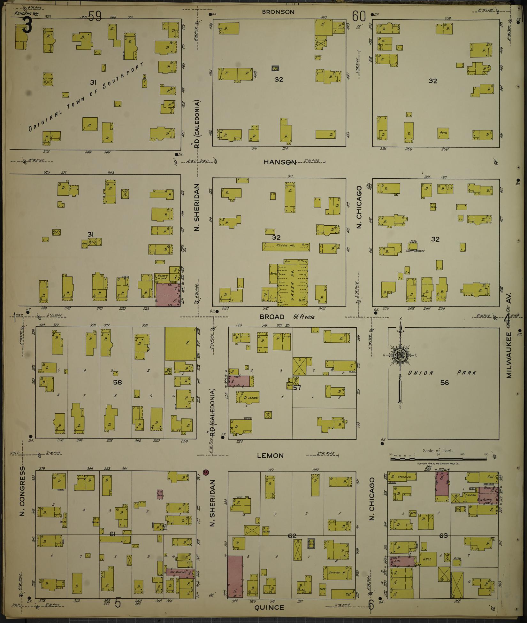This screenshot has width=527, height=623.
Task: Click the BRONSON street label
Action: (x=278, y=12)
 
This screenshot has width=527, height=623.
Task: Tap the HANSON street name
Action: (x=279, y=162)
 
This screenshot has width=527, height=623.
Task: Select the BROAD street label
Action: (x=272, y=317)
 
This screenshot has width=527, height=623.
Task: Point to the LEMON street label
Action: (x=271, y=456)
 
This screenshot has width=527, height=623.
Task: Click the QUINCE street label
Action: (x=269, y=607)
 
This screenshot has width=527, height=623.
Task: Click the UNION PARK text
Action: (x=442, y=373)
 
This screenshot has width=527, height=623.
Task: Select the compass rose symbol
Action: (x=400, y=355)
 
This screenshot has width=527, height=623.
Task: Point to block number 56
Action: (x=445, y=383)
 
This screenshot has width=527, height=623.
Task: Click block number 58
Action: (x=118, y=382)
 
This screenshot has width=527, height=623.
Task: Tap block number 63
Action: (x=443, y=535)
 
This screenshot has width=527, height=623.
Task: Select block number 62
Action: (x=292, y=536)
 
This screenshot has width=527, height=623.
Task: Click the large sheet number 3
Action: (x=27, y=26)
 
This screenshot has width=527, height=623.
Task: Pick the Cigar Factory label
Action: (x=416, y=251)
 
